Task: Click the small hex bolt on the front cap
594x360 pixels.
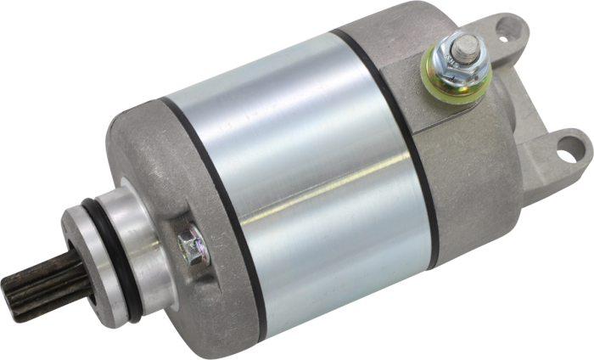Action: pyautogui.click(x=188, y=245)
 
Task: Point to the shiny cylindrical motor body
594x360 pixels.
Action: pyautogui.click(x=297, y=170)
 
